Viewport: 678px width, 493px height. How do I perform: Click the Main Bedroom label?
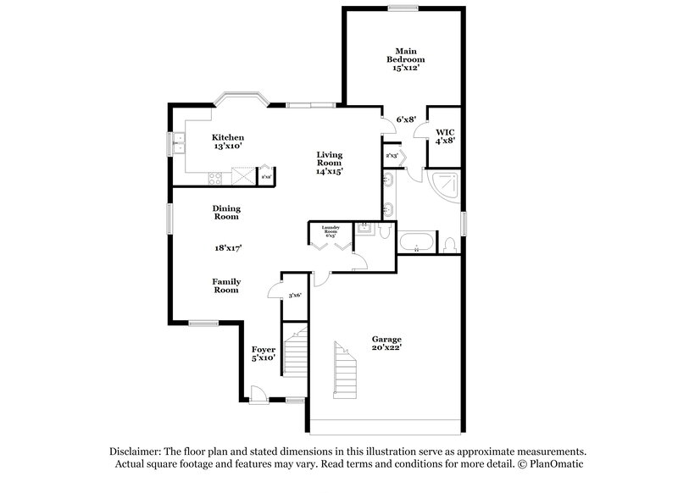pyautogui.click(x=405, y=59)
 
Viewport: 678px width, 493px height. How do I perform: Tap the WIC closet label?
pyautogui.click(x=445, y=137)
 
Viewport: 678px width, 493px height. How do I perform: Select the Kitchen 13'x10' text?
pyautogui.click(x=228, y=141)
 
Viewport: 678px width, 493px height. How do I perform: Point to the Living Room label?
pyautogui.click(x=330, y=163)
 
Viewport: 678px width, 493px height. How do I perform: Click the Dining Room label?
pyautogui.click(x=226, y=213)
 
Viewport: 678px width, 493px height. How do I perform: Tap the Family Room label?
pyautogui.click(x=225, y=286)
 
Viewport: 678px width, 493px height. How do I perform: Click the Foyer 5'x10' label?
pyautogui.click(x=263, y=353)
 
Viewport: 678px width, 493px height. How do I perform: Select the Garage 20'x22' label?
pyautogui.click(x=386, y=344)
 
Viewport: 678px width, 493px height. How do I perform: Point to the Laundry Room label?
pyautogui.click(x=331, y=230)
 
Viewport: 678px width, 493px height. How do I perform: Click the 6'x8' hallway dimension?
pyautogui.click(x=406, y=119)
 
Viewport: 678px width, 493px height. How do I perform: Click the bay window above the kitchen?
pyautogui.click(x=241, y=99)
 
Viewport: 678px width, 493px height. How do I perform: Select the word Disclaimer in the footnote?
pyautogui.click(x=136, y=452)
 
